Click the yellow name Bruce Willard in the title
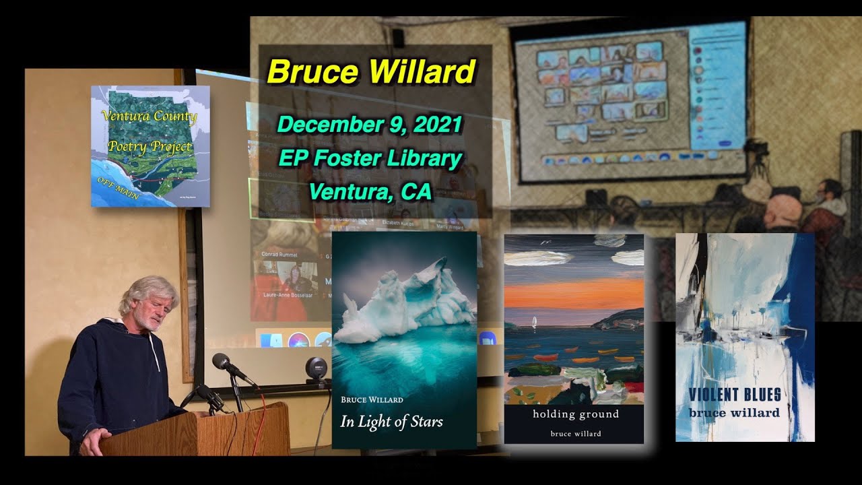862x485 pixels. (x=371, y=71)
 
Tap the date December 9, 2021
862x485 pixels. (x=370, y=125)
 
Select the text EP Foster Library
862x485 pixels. (x=370, y=159)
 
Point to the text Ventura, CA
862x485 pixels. (x=370, y=192)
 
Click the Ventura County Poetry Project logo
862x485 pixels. (x=150, y=145)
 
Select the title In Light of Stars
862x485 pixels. (x=391, y=422)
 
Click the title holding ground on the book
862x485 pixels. (x=575, y=414)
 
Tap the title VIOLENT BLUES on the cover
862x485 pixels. (x=735, y=395)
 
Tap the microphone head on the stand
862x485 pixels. (x=221, y=362)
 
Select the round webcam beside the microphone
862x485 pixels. (x=316, y=368)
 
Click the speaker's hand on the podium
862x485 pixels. (x=94, y=441)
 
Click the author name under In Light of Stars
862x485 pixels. (x=372, y=399)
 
